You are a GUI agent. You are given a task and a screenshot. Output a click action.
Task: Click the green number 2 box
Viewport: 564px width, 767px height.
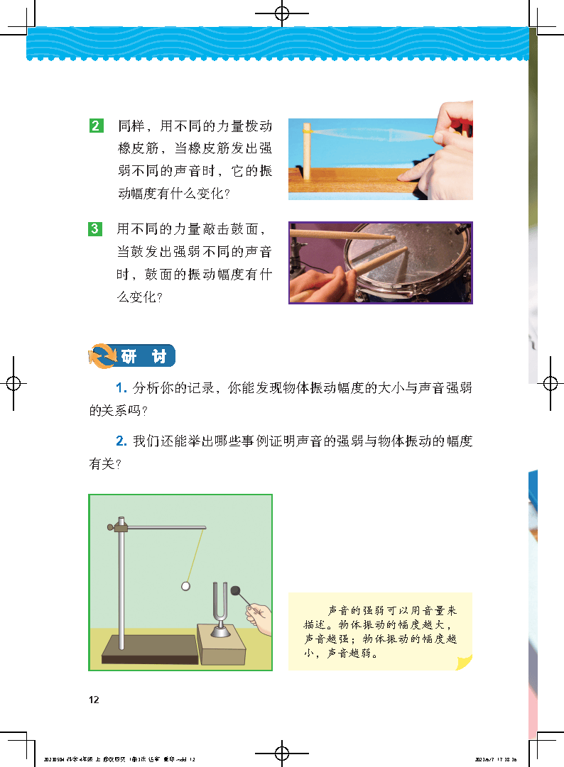(97, 127)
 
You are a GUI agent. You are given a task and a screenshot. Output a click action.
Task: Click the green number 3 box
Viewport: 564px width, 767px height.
(97, 229)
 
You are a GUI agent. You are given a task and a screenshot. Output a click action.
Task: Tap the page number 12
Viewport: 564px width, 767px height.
(94, 700)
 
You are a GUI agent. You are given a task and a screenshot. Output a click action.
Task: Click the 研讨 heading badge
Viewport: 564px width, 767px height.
(143, 356)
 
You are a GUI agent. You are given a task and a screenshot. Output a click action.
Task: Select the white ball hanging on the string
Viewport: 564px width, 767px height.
(185, 586)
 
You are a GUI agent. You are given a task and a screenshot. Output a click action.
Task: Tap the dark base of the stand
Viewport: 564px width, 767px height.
(149, 650)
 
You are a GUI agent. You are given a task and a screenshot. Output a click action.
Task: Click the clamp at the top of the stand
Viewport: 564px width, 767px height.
(120, 526)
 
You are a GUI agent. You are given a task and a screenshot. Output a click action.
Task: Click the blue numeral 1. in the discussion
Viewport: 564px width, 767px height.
(121, 388)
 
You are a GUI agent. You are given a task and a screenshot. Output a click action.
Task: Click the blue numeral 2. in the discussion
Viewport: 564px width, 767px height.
(121, 441)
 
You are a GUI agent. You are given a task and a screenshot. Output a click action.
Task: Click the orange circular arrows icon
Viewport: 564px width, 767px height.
(102, 355)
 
